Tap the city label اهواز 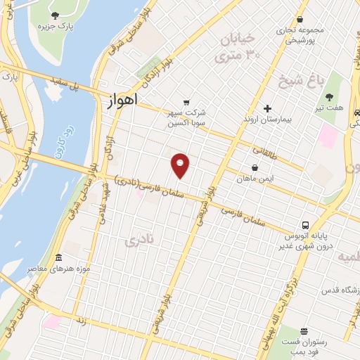coord(122,101)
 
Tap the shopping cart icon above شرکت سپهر coord(186,101)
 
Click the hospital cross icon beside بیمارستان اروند coord(267,108)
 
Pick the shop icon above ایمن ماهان coord(254,168)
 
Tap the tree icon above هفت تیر coord(330,97)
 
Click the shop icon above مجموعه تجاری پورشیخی coord(300,20)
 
